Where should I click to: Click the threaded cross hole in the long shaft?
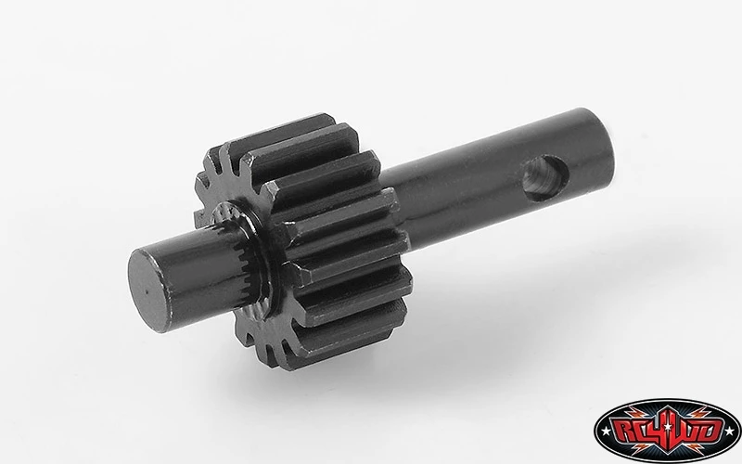[545, 177]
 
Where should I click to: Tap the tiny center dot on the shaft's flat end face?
[147, 291]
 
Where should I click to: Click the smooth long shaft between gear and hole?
[454, 199]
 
